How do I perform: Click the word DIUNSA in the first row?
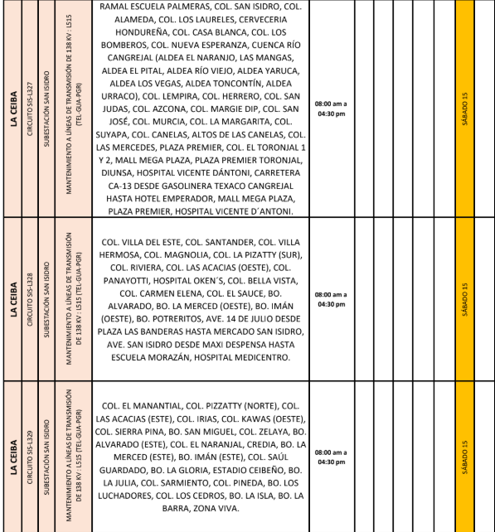click(119, 174)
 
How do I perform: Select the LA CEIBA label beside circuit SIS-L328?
click(13, 298)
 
